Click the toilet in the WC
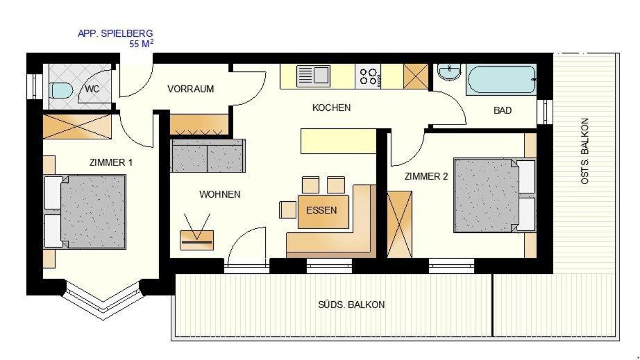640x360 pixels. [61, 90]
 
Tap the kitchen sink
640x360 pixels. [313, 76]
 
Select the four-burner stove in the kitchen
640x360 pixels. [368, 77]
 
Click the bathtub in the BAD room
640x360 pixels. [501, 79]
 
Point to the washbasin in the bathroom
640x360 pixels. [449, 72]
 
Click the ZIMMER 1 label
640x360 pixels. [111, 163]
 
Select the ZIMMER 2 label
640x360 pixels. [426, 177]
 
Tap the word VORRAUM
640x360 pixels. [191, 89]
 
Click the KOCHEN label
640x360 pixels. [331, 108]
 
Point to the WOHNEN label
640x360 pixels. [219, 194]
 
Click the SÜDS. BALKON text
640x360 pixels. [351, 305]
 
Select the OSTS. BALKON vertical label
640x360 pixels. [584, 151]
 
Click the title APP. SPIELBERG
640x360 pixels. [115, 33]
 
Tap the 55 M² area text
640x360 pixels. [141, 44]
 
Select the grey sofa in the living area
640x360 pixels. [208, 156]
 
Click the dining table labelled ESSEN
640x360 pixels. [323, 212]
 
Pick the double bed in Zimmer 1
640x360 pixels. [85, 212]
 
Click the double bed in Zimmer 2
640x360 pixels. [495, 196]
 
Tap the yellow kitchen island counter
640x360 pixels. [338, 141]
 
